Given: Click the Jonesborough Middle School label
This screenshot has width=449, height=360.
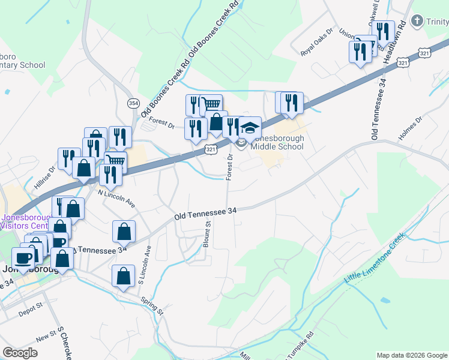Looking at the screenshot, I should [277, 142].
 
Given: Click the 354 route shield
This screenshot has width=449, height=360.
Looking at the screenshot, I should [133, 104].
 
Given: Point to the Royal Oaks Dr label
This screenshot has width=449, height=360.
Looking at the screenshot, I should [316, 42].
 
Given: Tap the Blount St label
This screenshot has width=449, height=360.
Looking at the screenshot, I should [207, 234].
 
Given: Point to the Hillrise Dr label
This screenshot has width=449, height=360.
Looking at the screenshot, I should [44, 178].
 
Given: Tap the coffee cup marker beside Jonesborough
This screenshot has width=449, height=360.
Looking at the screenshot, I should [24, 259].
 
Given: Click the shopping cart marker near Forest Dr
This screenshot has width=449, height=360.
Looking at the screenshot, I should [211, 104].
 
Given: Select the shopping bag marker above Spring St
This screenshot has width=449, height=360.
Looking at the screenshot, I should [123, 276].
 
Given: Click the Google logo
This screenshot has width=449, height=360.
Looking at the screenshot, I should [20, 353].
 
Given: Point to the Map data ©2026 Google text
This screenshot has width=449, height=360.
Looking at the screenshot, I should [412, 355].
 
